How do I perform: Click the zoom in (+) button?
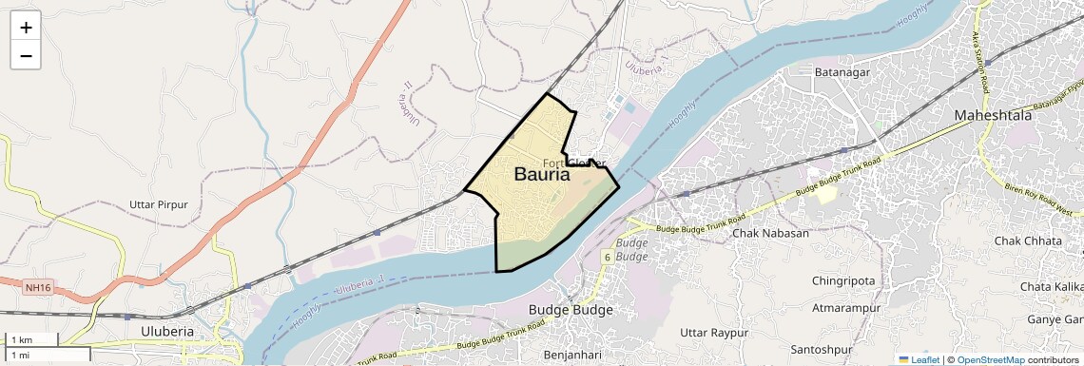click(26, 28)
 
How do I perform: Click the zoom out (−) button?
click(26, 56)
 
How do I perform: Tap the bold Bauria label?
click(542, 175)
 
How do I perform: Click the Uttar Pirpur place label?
click(159, 205)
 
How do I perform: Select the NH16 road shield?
click(38, 286)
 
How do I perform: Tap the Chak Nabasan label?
click(770, 234)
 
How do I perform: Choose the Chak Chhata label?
click(1028, 241)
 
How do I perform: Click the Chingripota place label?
click(843, 280)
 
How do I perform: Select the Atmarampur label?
click(848, 308)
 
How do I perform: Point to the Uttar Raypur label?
click(714, 332)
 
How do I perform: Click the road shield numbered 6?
click(607, 257)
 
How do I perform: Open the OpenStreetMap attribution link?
click(991, 359)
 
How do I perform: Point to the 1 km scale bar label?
click(22, 340)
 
